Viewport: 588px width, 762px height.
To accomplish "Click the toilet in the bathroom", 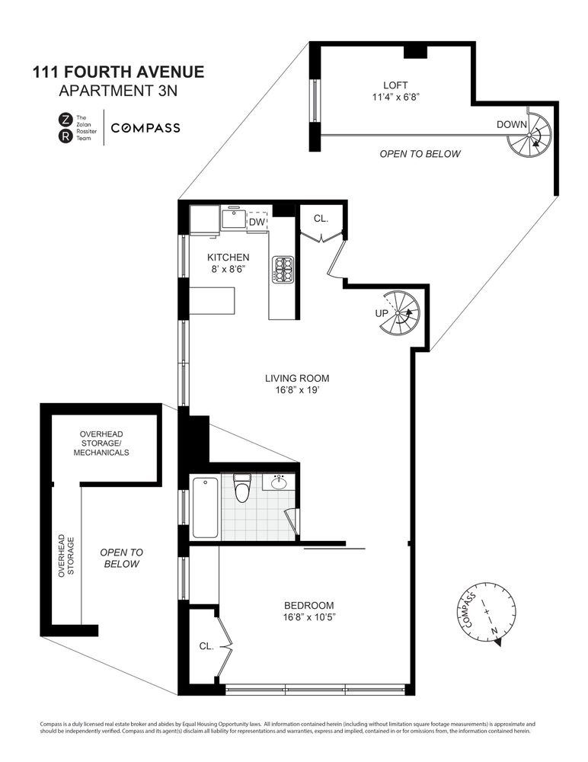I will point(242,488).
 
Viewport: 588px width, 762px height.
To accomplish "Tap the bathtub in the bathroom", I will point(205,507).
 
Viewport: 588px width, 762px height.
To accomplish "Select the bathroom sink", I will point(279,482).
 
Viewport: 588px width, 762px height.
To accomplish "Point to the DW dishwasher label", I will point(257,222).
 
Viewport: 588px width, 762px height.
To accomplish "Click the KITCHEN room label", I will point(228,258).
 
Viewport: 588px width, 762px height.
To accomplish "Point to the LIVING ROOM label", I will point(297,378).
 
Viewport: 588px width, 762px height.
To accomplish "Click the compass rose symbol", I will point(485,619).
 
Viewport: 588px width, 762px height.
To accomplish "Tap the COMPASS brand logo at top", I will point(145,128).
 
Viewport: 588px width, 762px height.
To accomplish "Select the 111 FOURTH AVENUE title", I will point(118,73).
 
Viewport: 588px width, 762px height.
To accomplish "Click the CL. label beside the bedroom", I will point(206,645).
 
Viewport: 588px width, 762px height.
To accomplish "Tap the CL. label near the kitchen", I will point(321,218).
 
